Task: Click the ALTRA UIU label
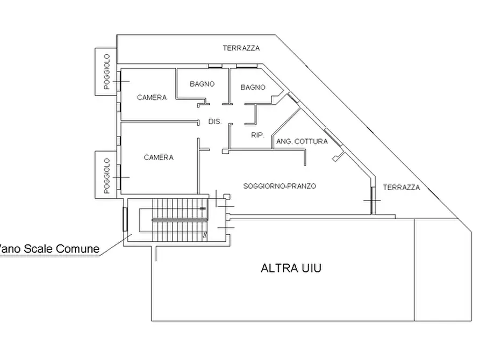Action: tap(291, 268)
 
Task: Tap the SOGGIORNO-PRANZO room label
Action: tap(280, 186)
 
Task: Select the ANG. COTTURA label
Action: tap(302, 141)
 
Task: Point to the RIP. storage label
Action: tap(258, 135)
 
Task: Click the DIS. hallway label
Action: tap(215, 121)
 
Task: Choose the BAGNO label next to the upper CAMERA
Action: tap(202, 84)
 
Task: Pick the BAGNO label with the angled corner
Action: tap(253, 88)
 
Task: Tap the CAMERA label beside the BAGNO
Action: tap(152, 98)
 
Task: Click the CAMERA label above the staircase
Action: tap(159, 157)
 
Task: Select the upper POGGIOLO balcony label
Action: tap(106, 71)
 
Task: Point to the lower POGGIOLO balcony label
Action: tap(106, 176)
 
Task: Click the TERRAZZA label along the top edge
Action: tap(241, 48)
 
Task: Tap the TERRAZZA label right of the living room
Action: tap(402, 188)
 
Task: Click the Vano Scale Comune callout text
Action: tap(49, 249)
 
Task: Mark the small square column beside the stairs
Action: tap(227, 197)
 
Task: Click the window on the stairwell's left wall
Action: tap(125, 219)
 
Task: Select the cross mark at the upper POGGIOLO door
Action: tap(121, 82)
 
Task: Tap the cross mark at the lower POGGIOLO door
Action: tap(121, 177)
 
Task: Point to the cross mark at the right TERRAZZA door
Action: tap(372, 201)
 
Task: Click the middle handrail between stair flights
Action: tap(180, 220)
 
